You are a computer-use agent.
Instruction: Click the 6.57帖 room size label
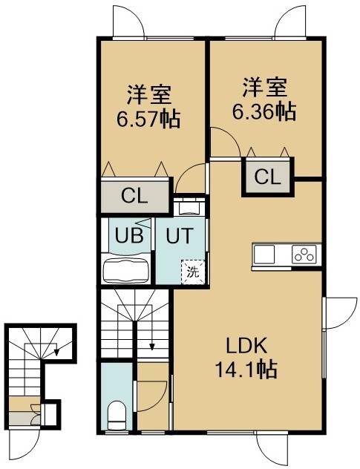coord(148,119)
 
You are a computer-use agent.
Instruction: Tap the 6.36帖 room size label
coord(264,111)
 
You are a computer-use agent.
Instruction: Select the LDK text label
coord(246,346)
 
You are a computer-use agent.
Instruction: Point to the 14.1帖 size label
coord(246,370)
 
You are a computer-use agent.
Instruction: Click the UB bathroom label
coord(129,236)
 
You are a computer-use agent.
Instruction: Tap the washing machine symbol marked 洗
coord(193,272)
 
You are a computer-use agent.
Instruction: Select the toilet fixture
coord(117,415)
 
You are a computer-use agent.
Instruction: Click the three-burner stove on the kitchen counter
coord(304,255)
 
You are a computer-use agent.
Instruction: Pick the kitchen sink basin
coord(264,255)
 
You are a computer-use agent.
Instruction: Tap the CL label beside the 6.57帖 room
coord(134,197)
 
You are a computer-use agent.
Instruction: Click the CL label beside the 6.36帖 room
coord(268,177)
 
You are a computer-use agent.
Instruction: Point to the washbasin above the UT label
coord(189,208)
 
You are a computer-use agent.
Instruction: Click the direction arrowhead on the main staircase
coord(152,347)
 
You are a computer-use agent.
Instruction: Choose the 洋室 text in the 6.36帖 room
coord(265,88)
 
